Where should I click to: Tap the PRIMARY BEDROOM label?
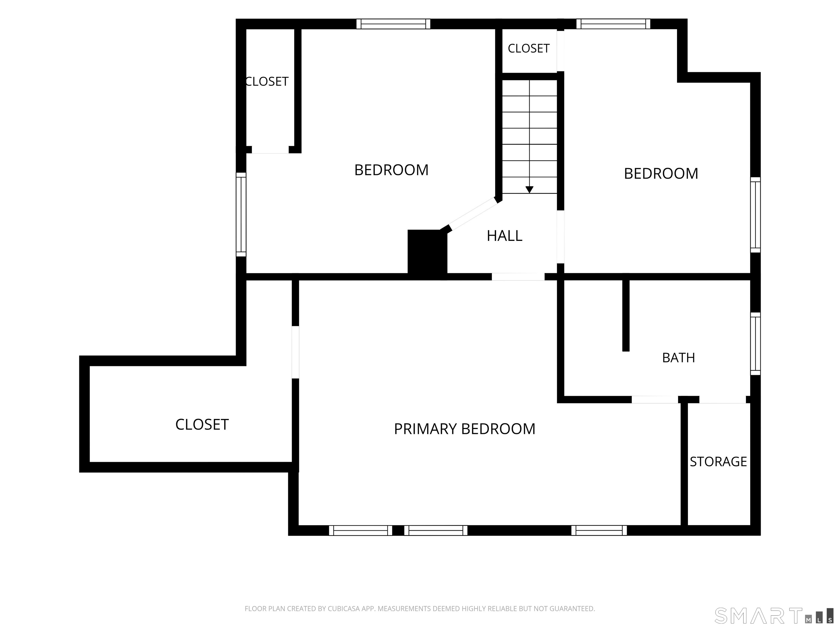pyautogui.click(x=464, y=429)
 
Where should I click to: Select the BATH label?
pyautogui.click(x=679, y=358)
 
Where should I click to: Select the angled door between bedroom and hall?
pyautogui.click(x=473, y=214)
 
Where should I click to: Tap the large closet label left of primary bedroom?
pyautogui.click(x=202, y=425)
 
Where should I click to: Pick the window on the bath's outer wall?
pyautogui.click(x=755, y=344)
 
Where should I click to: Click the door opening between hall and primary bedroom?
pyautogui.click(x=518, y=277)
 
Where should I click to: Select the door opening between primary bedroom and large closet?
pyautogui.click(x=295, y=352)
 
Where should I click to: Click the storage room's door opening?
pyautogui.click(x=723, y=399)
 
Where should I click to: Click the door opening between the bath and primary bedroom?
pyautogui.click(x=655, y=399)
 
